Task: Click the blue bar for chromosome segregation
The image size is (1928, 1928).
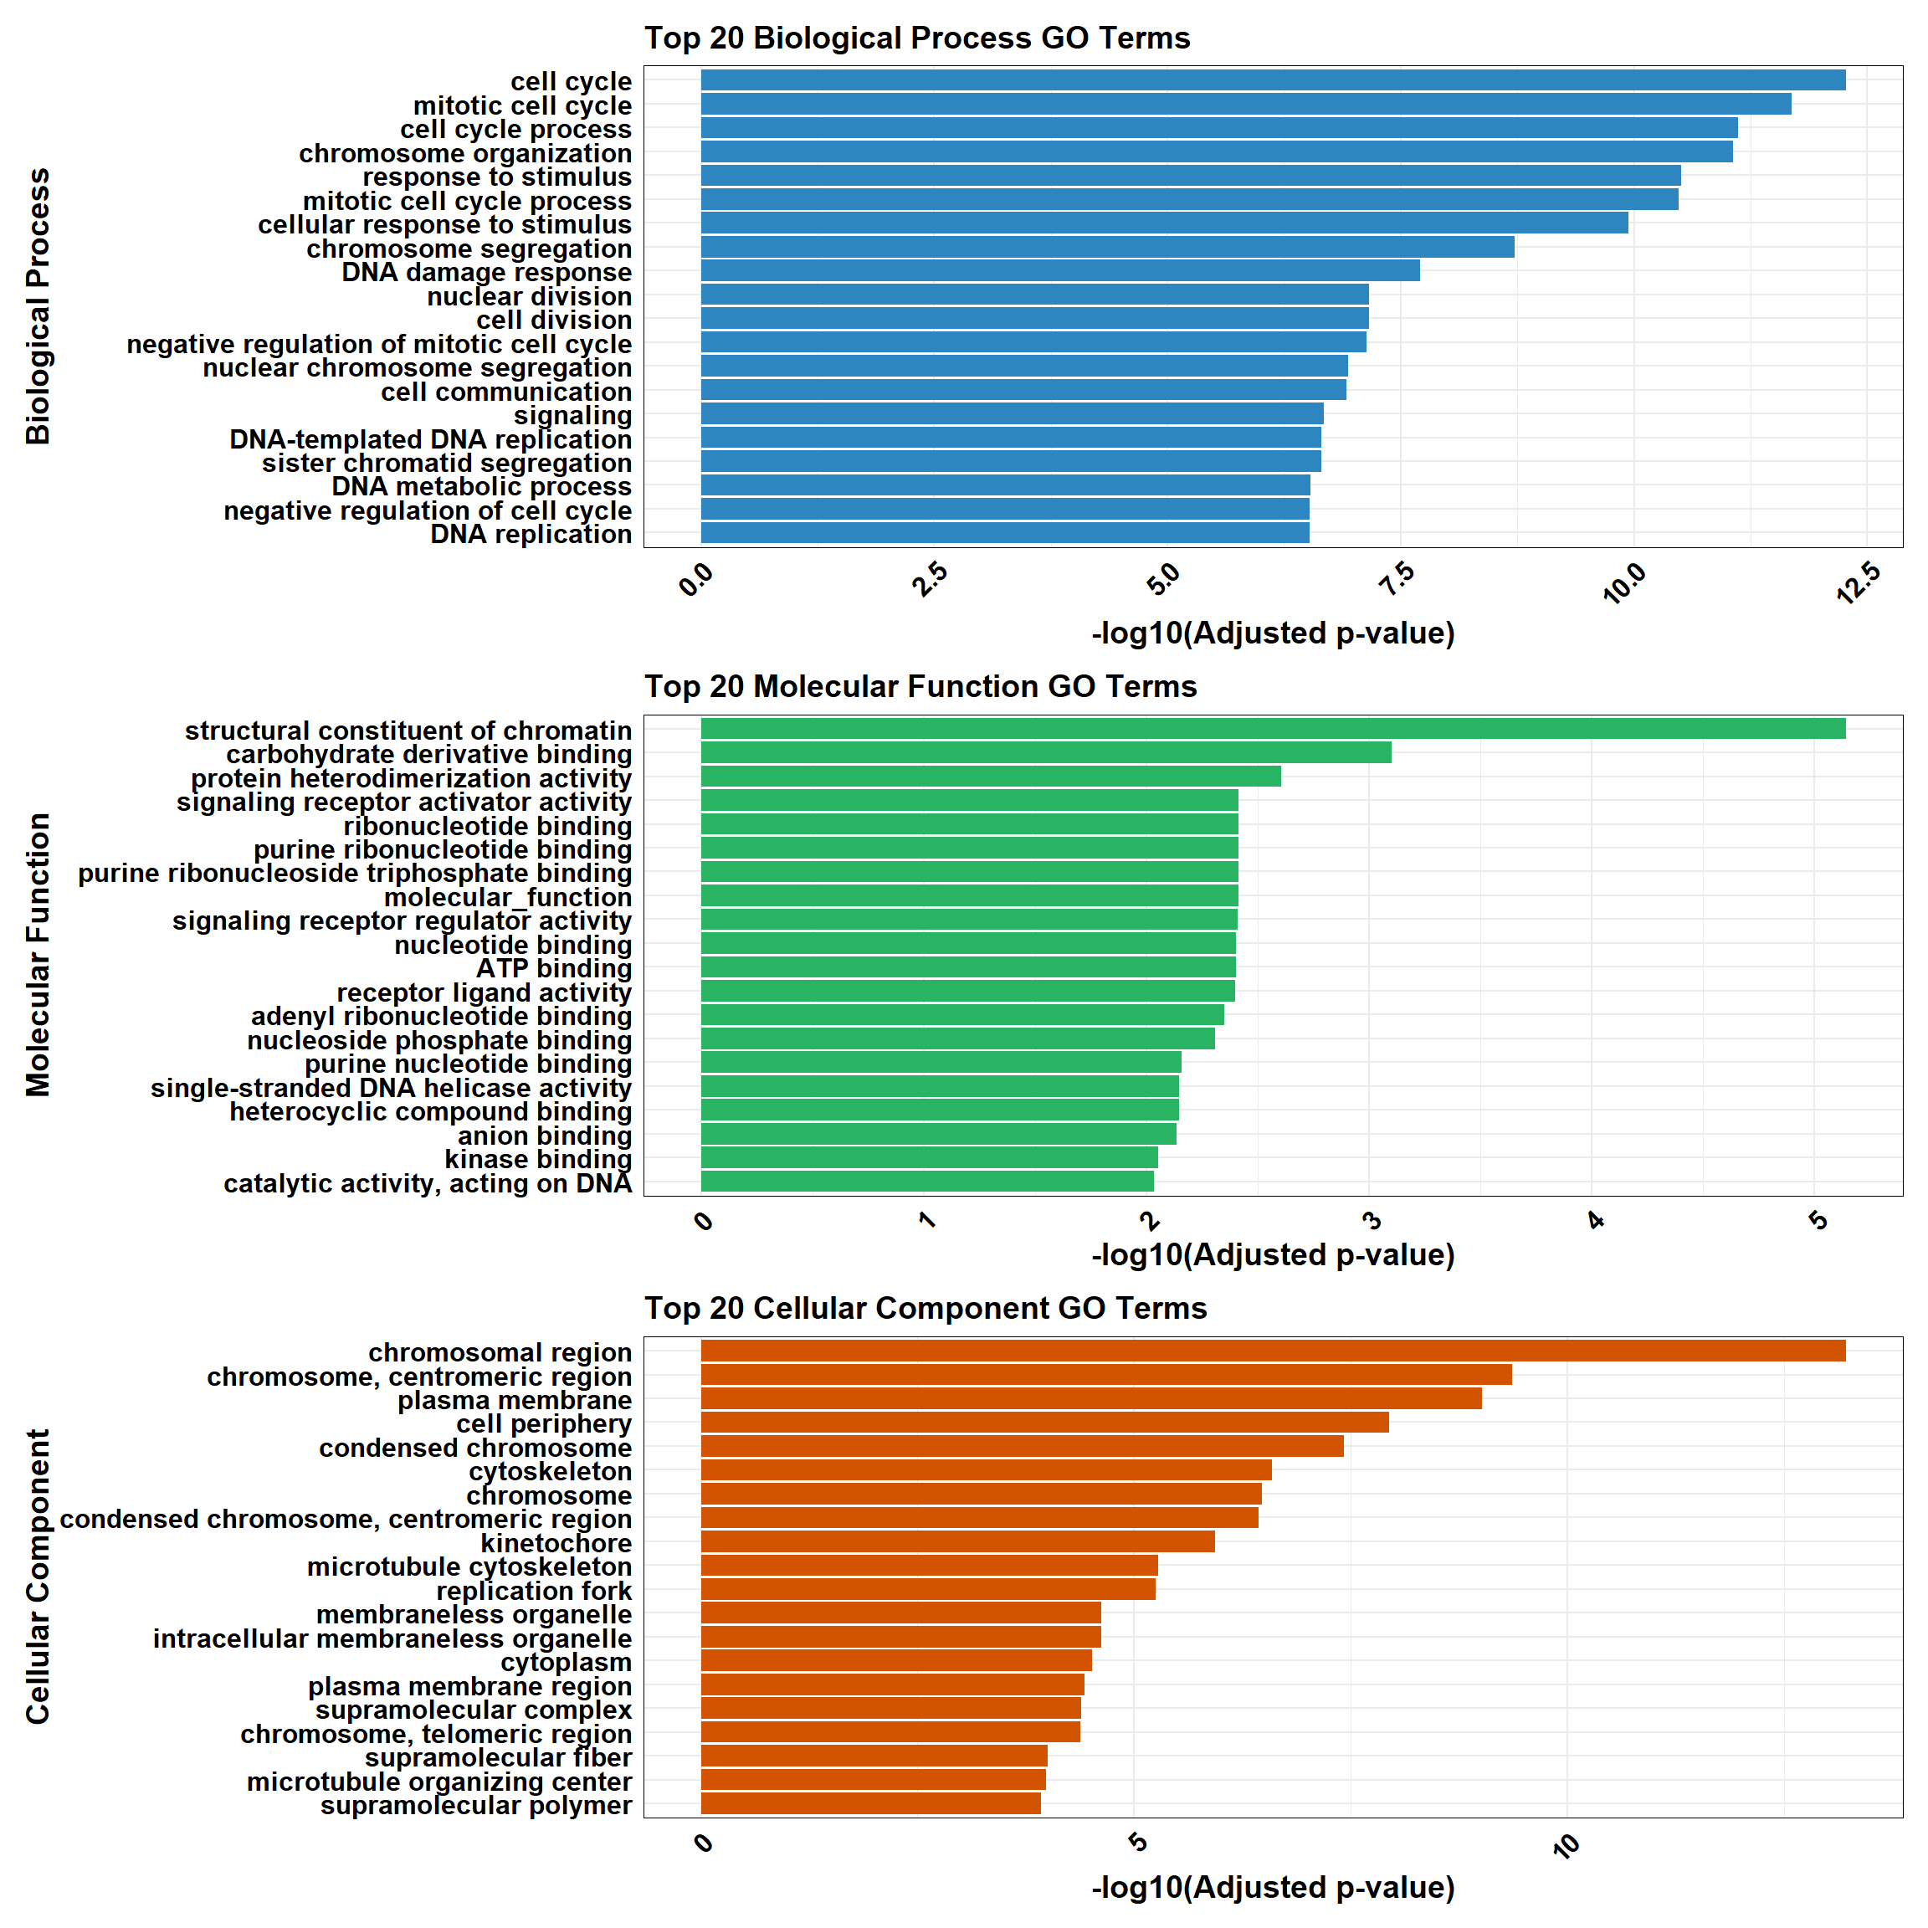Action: (x=1107, y=248)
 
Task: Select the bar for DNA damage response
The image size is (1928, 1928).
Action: (x=1059, y=271)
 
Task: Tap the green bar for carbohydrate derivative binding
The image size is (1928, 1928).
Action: (x=1046, y=753)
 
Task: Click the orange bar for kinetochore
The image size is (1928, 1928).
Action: (x=957, y=1543)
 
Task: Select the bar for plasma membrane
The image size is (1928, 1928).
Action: (x=1090, y=1399)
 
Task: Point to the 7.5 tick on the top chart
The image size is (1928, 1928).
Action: (x=1399, y=580)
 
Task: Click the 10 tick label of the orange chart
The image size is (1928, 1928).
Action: (x=1566, y=1846)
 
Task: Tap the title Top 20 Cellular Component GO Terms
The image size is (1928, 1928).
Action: (x=925, y=1308)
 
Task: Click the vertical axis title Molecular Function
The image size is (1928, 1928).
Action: (x=38, y=955)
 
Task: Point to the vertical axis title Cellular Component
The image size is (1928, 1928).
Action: (x=38, y=1577)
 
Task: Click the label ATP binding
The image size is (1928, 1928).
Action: (x=554, y=969)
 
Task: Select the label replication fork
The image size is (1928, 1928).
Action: (x=534, y=1591)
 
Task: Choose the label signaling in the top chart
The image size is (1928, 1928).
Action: (x=573, y=415)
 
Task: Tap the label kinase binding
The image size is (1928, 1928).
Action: (x=538, y=1160)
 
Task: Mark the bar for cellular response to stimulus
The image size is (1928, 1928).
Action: (x=1164, y=223)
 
